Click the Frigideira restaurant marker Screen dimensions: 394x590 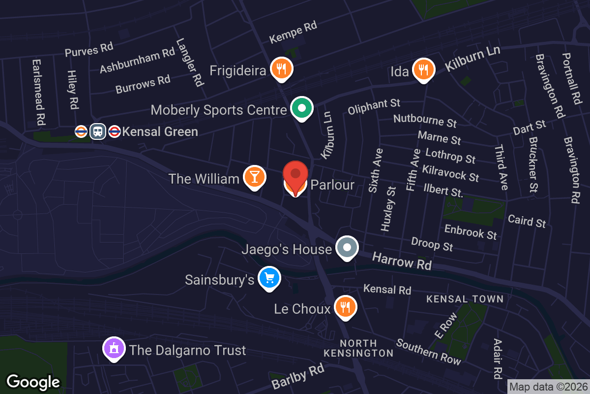[x=282, y=69]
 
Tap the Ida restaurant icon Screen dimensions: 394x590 [x=423, y=69]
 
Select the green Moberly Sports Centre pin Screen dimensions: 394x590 [x=302, y=108]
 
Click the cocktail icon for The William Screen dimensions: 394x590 [x=254, y=177]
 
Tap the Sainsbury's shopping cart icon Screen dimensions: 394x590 [x=269, y=278]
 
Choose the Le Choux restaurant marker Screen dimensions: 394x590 [x=346, y=307]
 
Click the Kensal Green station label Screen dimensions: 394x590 [x=160, y=131]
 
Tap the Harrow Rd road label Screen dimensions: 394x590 [x=402, y=261]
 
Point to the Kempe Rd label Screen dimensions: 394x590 [x=293, y=32]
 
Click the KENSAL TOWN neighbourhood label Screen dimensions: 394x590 [x=465, y=299]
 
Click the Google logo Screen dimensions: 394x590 [x=33, y=382]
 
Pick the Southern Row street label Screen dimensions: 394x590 [x=429, y=352]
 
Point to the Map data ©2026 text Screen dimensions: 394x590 [x=548, y=387]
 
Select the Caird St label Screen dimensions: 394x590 [x=527, y=221]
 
